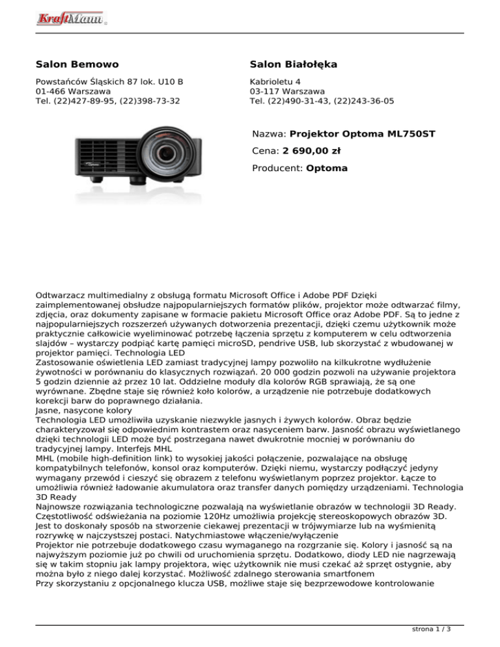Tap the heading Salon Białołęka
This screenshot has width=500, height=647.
coord(293,65)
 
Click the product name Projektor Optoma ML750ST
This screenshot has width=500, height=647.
coord(362,135)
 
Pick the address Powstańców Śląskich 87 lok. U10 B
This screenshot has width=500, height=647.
coord(109,82)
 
